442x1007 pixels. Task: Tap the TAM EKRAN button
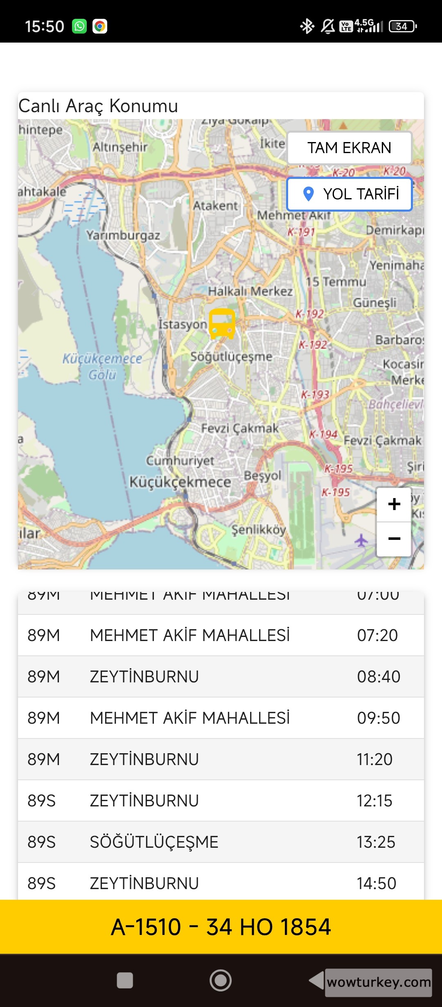tap(349, 148)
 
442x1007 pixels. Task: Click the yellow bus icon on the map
tap(222, 324)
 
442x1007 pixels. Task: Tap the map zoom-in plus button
tap(394, 504)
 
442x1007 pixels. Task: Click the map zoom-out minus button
tap(394, 539)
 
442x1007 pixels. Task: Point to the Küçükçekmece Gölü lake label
tap(102, 366)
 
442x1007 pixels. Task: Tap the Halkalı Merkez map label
tap(250, 291)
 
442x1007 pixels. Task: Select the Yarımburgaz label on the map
tap(123, 235)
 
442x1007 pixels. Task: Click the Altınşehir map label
tap(120, 147)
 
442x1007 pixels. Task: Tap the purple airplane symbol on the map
tap(361, 540)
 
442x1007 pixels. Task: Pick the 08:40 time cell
tap(378, 677)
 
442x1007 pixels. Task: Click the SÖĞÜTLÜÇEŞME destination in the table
tap(154, 842)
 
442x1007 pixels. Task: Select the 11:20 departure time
tap(374, 759)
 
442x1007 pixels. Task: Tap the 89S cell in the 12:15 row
tap(41, 801)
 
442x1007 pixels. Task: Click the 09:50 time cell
tap(378, 718)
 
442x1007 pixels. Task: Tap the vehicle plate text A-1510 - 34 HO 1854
tap(221, 927)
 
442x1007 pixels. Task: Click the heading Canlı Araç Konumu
tap(98, 106)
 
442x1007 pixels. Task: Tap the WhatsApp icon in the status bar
tap(79, 26)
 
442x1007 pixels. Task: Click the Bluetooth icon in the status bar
tap(307, 26)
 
